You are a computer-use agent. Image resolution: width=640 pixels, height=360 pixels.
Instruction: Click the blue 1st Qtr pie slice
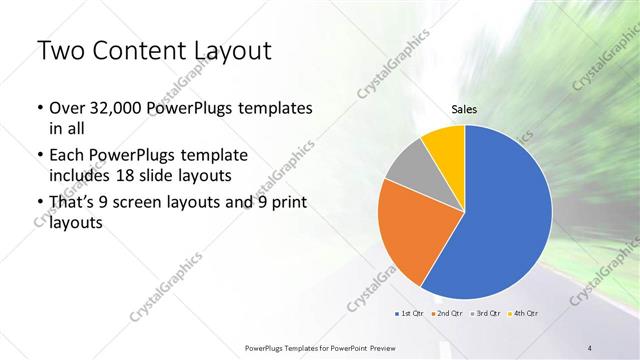point(505,215)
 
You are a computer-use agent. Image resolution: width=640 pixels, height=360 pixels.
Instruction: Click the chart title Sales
point(464,109)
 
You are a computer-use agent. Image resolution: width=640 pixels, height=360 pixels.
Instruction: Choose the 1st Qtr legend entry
point(410,314)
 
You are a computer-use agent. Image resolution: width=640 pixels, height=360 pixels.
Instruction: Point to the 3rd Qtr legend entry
point(485,314)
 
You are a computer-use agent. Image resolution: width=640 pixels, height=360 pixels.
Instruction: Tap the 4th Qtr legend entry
point(523,314)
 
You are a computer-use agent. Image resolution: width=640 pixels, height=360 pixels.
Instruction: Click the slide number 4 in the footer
point(591,347)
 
